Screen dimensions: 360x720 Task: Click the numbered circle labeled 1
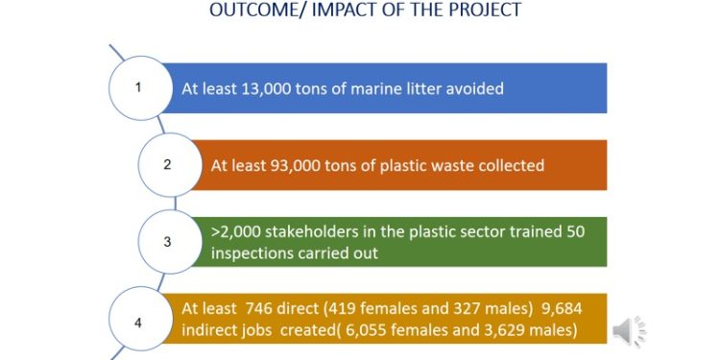[x=138, y=87]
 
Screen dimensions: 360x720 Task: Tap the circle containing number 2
[x=167, y=164]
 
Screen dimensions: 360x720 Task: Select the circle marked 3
[x=167, y=241]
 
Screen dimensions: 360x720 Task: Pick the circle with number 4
[x=138, y=322]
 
